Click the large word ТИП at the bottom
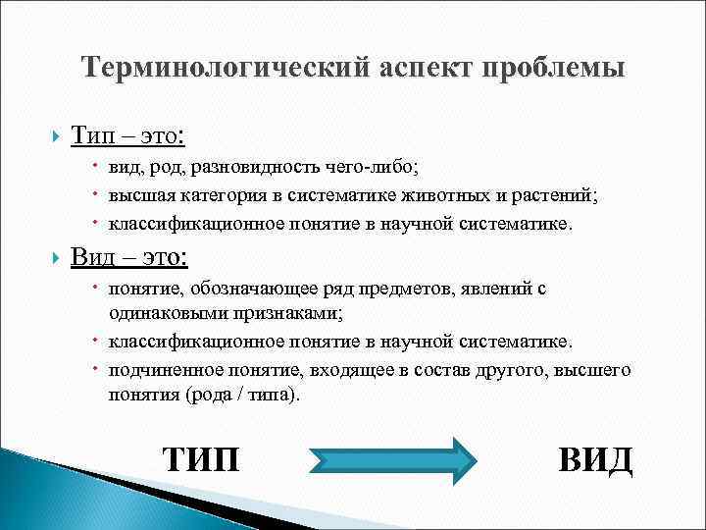200,459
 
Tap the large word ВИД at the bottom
595,459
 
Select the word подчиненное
162,371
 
